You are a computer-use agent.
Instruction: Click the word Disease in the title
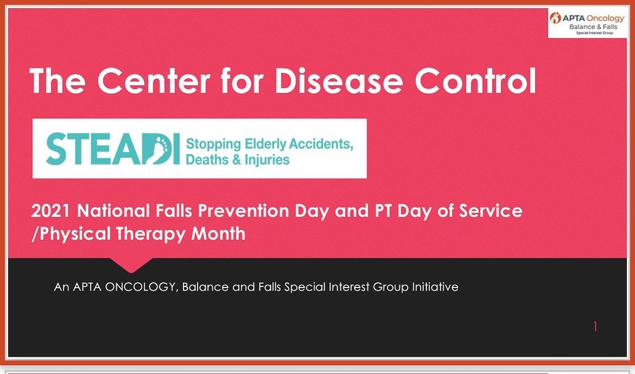339,81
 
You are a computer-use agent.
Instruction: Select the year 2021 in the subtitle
51,211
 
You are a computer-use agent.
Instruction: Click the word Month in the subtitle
218,234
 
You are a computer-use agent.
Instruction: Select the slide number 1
595,326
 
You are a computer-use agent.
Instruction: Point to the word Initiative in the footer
435,287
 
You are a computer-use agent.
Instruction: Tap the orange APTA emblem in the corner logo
555,18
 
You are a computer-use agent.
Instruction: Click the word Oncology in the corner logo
606,19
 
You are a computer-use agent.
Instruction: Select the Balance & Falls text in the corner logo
593,27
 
